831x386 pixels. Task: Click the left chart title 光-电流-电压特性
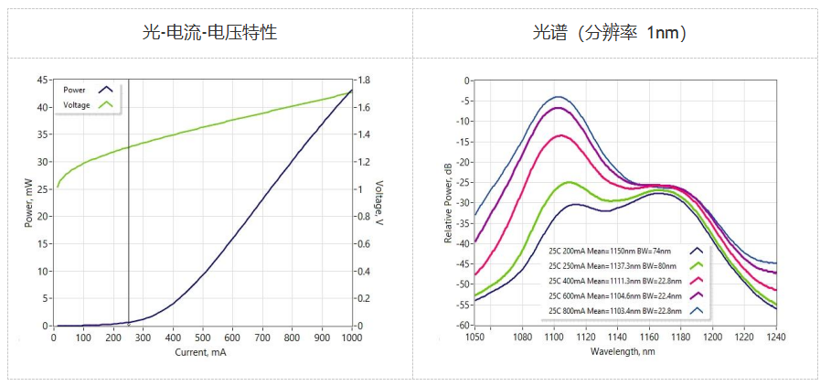coord(209,33)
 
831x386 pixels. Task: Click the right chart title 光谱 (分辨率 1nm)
coord(610,33)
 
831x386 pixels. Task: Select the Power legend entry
coord(75,90)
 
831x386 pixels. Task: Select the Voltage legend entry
coord(77,105)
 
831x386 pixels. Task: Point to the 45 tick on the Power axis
coord(42,80)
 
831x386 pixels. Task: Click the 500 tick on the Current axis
coord(202,338)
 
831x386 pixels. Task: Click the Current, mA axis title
coord(202,352)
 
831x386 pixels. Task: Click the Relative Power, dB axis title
coord(448,203)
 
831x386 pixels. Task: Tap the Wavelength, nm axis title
coord(624,352)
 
